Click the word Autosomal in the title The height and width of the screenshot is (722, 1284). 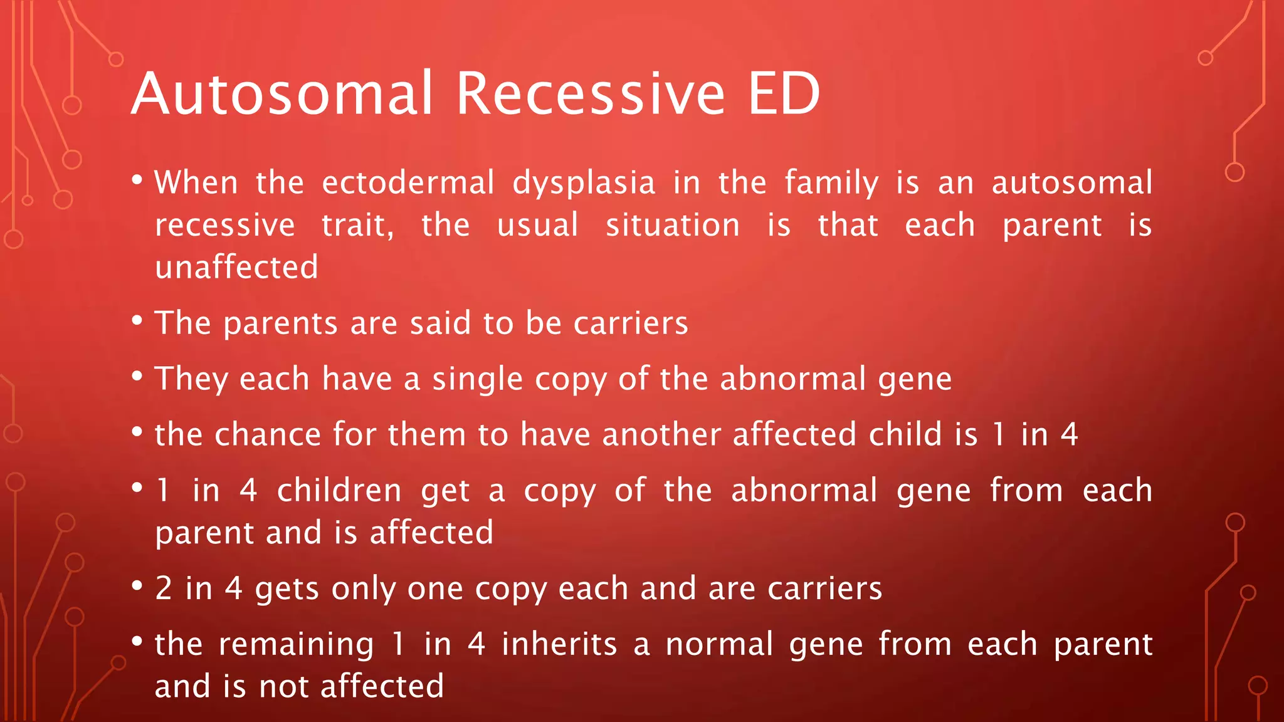[x=282, y=94]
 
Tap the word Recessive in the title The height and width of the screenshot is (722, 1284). [x=591, y=94]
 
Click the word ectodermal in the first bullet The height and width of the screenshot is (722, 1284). [x=408, y=183]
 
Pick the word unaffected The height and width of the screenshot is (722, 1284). [x=236, y=267]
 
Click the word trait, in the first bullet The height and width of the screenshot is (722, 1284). [x=357, y=226]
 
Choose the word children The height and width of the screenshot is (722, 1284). [x=339, y=490]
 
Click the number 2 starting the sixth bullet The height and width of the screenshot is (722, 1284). [x=164, y=589]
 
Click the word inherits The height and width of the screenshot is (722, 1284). [x=559, y=644]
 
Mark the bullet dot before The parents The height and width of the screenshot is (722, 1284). [x=137, y=321]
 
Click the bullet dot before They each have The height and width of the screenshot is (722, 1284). [x=137, y=377]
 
